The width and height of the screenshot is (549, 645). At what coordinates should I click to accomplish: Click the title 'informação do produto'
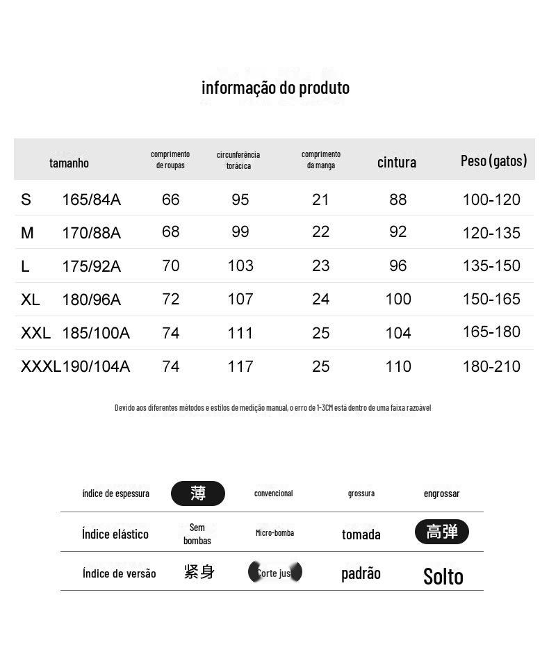point(275,88)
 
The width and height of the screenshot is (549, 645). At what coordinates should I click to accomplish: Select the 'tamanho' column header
point(69,163)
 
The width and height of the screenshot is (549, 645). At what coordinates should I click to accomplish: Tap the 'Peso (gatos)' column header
point(493,161)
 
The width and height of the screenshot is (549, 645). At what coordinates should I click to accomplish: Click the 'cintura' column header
point(397,162)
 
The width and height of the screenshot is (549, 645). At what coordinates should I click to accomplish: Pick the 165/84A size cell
point(91,200)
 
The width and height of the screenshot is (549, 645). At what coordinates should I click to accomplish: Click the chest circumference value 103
point(240,266)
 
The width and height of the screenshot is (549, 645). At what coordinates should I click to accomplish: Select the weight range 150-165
point(491,299)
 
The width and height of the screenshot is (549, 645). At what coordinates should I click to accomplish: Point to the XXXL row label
point(40,366)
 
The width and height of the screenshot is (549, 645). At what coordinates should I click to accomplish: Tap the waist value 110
point(398,366)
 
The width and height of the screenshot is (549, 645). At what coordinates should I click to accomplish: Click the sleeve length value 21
point(320,199)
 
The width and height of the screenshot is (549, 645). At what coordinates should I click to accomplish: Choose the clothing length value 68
point(170,231)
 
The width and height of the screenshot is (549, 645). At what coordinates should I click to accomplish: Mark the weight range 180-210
point(491,366)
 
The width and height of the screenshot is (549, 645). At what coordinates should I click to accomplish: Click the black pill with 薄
point(198,493)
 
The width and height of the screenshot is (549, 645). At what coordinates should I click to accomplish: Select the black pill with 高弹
point(442,532)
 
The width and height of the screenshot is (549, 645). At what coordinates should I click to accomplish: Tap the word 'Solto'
point(443,576)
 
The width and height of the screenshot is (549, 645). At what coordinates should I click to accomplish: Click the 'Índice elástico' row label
point(115,534)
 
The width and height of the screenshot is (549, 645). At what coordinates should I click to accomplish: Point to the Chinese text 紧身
point(199,572)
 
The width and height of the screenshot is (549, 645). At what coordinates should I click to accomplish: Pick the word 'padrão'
point(361,573)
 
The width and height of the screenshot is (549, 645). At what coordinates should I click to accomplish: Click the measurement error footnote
point(272,407)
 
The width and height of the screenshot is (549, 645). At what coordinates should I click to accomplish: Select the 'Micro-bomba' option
point(274,533)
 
